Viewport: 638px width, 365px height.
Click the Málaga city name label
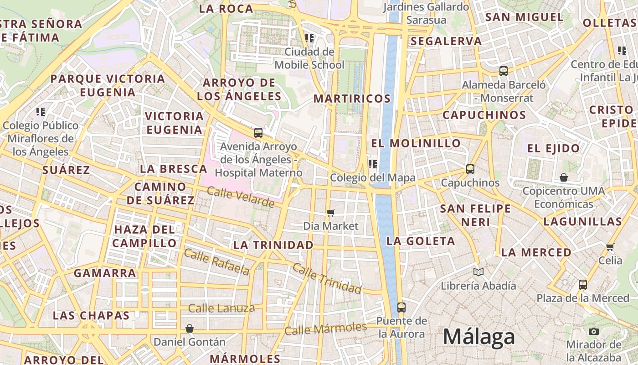pos(479,337)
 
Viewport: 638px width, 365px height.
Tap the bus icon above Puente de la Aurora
pos(401,307)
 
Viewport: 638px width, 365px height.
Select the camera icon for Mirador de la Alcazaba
pos(593,331)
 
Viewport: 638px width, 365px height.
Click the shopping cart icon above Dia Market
pos(331,213)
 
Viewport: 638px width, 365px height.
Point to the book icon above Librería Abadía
pos(478,272)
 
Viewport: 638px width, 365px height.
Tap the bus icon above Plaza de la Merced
pos(582,285)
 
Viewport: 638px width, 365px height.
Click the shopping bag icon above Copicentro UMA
pos(564,177)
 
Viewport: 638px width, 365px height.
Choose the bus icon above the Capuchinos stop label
pos(470,169)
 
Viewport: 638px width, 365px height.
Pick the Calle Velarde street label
pos(241,197)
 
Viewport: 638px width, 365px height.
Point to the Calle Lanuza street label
pos(221,308)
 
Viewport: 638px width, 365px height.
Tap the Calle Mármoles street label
pos(325,328)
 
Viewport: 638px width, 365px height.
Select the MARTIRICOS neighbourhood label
pos(352,99)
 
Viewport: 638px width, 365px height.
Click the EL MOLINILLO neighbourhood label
pos(416,143)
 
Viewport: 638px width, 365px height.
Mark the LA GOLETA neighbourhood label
pos(420,241)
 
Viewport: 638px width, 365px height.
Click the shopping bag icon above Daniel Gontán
pos(190,328)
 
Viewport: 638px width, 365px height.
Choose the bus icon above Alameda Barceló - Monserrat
pos(504,71)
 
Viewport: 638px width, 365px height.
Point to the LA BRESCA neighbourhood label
pos(173,169)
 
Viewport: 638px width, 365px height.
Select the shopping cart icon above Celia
pos(610,247)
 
